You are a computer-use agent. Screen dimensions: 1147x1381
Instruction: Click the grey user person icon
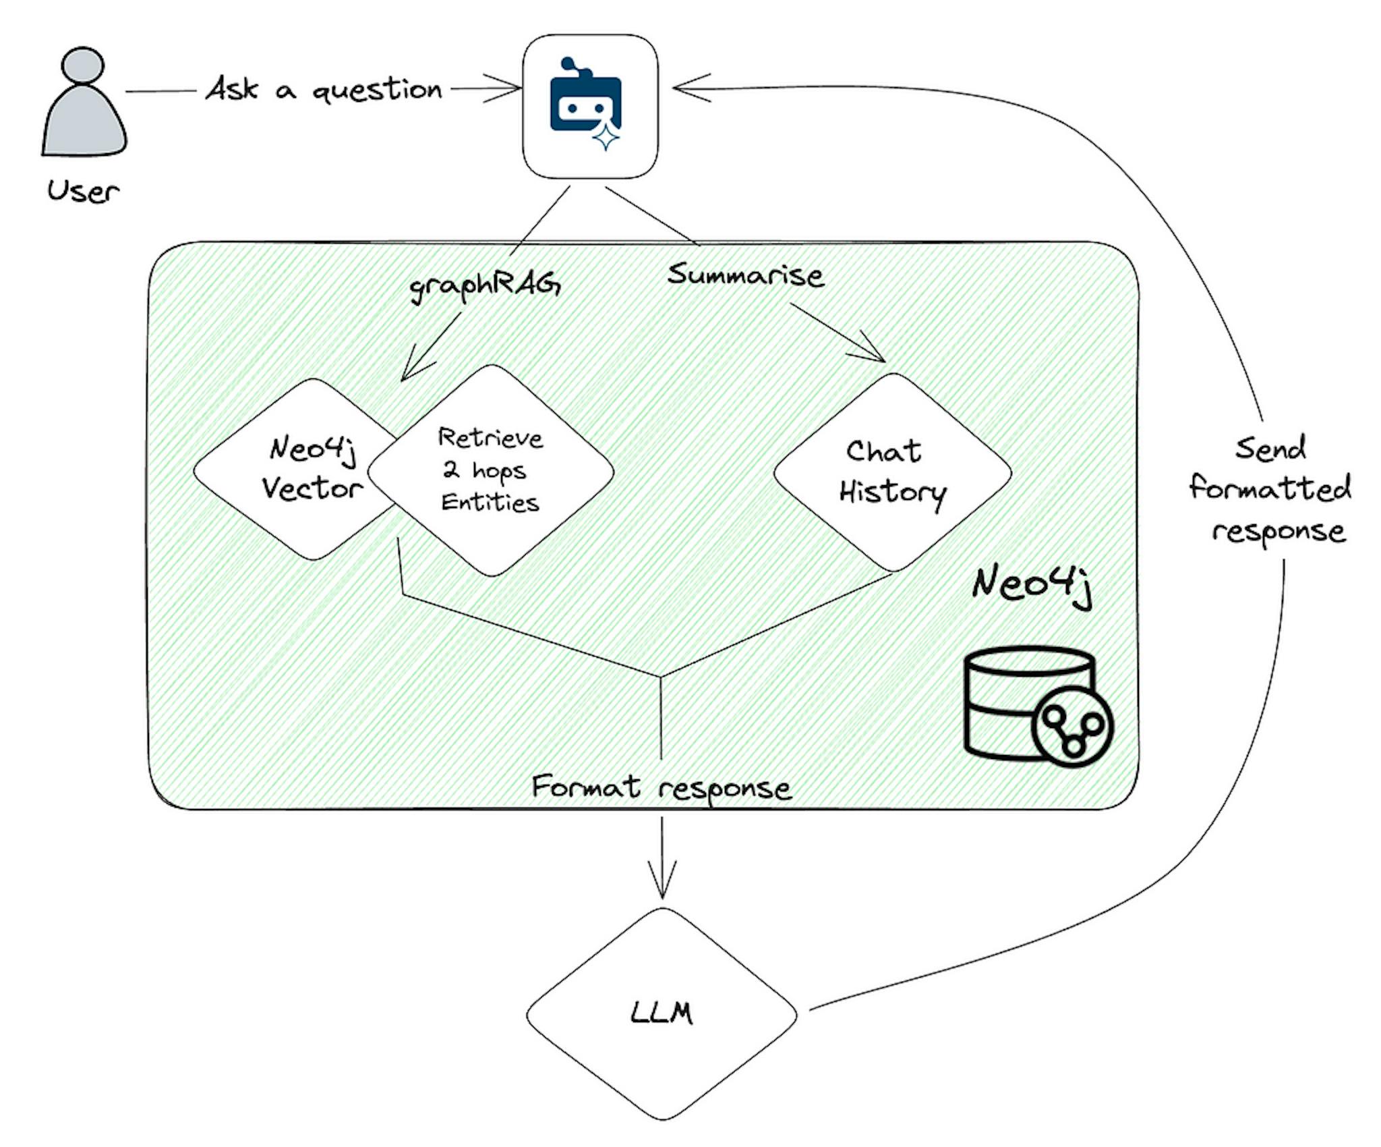(84, 105)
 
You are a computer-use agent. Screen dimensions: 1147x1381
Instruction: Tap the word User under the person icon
(83, 192)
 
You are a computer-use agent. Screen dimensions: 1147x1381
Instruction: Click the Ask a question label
(324, 89)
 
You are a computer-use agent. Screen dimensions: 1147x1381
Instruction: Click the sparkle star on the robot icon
(606, 138)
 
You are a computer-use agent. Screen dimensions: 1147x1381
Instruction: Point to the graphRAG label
(485, 287)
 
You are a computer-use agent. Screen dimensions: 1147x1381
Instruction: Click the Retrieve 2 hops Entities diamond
(491, 470)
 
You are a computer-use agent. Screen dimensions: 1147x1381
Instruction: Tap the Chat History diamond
(892, 472)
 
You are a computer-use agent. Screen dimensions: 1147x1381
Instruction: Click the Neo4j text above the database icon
(1032, 584)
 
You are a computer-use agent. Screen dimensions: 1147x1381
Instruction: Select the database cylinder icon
(1011, 702)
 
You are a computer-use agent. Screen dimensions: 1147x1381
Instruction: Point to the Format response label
(661, 787)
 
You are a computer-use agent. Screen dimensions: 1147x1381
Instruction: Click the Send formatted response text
(1271, 489)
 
